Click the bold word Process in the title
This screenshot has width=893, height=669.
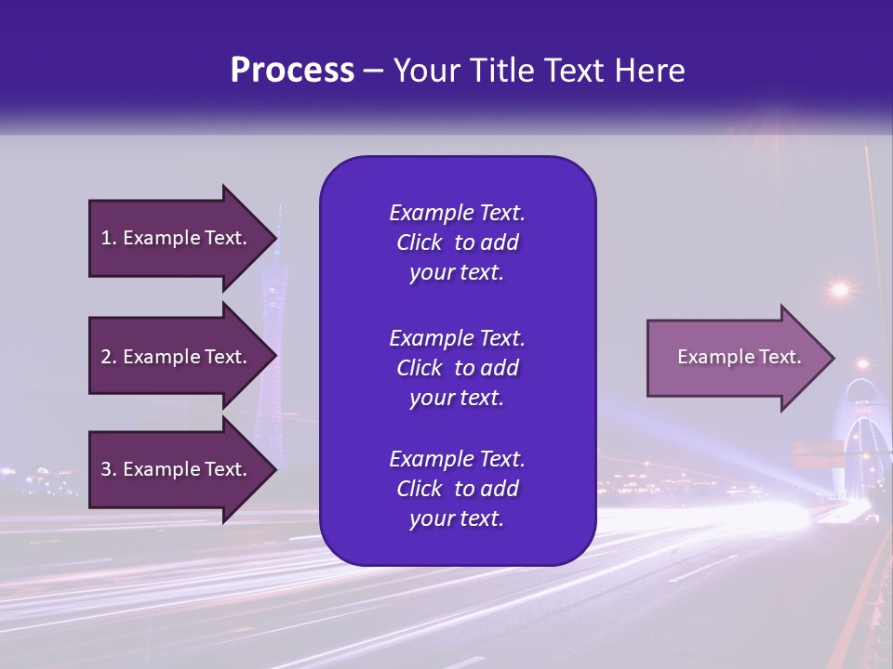(292, 71)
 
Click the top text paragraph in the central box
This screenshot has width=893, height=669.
(457, 243)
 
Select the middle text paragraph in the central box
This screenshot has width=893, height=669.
(457, 368)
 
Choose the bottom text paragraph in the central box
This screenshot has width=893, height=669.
(457, 489)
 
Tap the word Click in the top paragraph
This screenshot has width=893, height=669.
(420, 243)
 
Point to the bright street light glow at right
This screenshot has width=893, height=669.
(840, 290)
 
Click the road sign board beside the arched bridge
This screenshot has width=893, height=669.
(816, 454)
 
